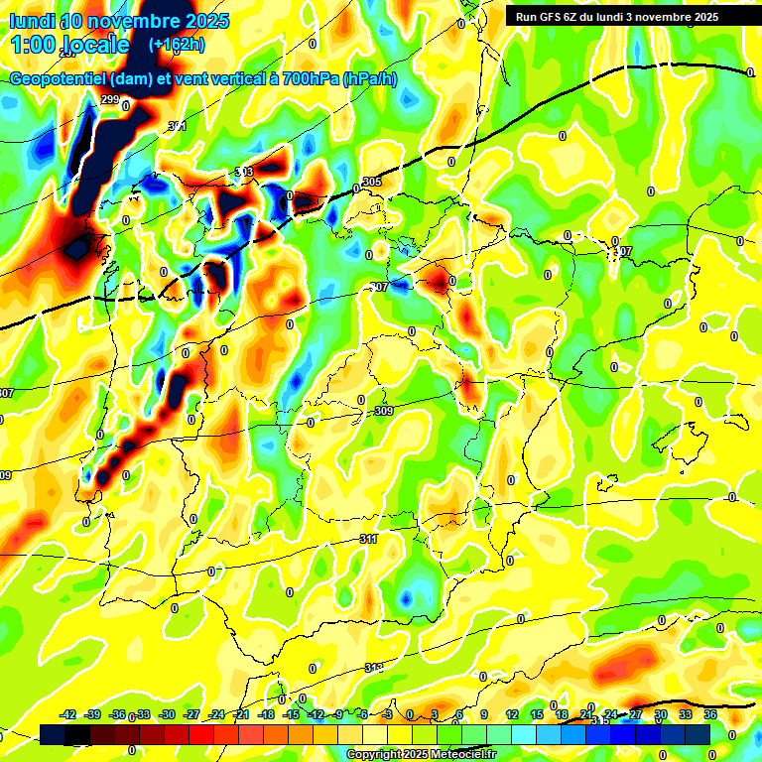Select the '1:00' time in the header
click(x=33, y=45)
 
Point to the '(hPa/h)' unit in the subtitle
click(x=370, y=79)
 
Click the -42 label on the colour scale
click(x=68, y=714)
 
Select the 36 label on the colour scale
click(x=709, y=714)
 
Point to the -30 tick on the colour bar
click(x=168, y=714)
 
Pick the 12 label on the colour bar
click(x=512, y=714)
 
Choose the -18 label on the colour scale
click(x=266, y=714)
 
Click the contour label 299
click(x=109, y=99)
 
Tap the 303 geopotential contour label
click(x=244, y=172)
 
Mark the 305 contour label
click(x=372, y=182)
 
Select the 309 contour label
click(x=385, y=411)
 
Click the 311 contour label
click(x=368, y=539)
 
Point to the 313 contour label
click(x=374, y=667)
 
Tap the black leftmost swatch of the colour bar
click(x=53, y=734)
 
